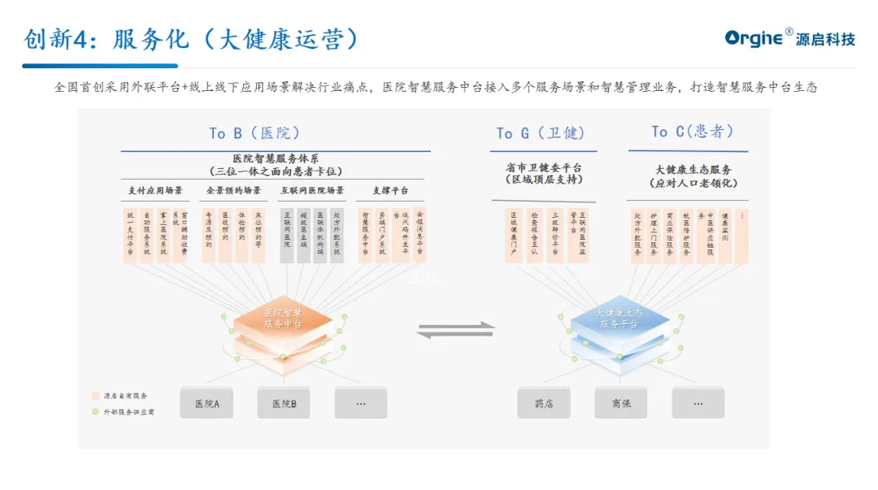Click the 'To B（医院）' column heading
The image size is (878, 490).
[254, 132]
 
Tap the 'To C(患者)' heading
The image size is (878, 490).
[692, 131]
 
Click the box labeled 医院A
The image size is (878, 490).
[206, 403]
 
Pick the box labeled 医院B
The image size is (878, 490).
[284, 403]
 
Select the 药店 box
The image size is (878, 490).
[544, 403]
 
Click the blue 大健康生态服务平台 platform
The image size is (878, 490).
[619, 319]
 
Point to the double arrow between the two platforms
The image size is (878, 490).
[456, 328]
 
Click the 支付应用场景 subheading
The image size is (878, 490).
[155, 191]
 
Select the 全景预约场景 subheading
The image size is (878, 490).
[233, 191]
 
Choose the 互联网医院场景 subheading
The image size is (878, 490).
[312, 191]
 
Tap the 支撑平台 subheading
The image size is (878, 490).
[390, 191]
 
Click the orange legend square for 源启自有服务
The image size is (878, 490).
[95, 396]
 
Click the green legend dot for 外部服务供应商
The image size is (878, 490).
[95, 412]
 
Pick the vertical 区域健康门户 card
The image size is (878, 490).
[514, 235]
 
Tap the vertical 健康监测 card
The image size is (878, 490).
[725, 235]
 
